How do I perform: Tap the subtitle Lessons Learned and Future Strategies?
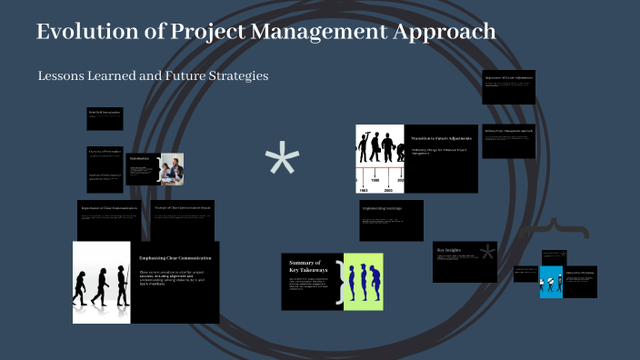tap(153, 75)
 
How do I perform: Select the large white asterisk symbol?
tap(282, 162)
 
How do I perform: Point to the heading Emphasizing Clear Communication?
tap(175, 257)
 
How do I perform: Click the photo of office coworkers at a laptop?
tap(173, 168)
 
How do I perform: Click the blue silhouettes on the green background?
tap(364, 282)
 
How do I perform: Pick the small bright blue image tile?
tap(552, 282)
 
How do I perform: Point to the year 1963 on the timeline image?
tap(362, 190)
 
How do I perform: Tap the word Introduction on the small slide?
tap(139, 158)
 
